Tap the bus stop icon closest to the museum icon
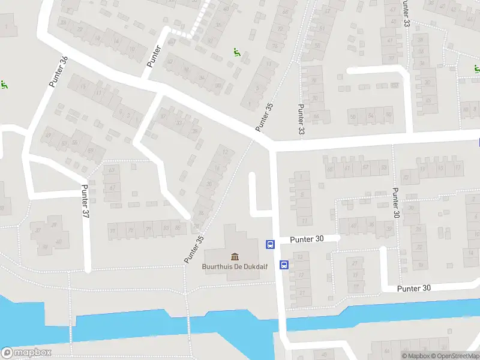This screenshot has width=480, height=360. [x=271, y=244]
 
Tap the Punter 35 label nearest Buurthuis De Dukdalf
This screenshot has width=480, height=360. [x=194, y=248]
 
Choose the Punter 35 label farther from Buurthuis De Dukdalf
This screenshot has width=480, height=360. [x=264, y=117]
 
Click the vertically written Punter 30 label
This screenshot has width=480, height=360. [x=395, y=203]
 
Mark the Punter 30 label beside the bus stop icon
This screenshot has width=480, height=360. [x=306, y=239]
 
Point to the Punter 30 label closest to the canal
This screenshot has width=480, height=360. [x=413, y=289]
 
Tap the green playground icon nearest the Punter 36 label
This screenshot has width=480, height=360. [x=4, y=85]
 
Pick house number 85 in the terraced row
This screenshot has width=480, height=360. [x=178, y=228]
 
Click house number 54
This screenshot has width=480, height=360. [x=371, y=116]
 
